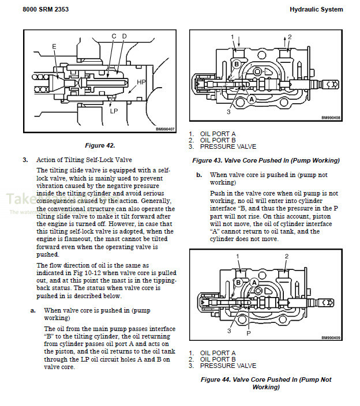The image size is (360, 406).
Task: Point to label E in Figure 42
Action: (x=54, y=46)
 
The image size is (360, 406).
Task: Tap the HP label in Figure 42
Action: (x=141, y=82)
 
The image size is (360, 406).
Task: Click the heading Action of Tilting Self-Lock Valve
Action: (x=85, y=160)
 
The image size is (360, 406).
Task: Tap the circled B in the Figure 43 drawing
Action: (x=237, y=63)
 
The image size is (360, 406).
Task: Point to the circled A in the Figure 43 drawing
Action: (x=251, y=99)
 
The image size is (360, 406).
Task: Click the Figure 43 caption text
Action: (x=265, y=160)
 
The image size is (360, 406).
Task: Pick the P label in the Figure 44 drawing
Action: (x=249, y=333)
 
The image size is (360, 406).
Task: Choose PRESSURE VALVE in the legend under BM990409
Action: (x=228, y=366)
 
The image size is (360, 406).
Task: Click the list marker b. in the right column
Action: (x=199, y=174)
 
